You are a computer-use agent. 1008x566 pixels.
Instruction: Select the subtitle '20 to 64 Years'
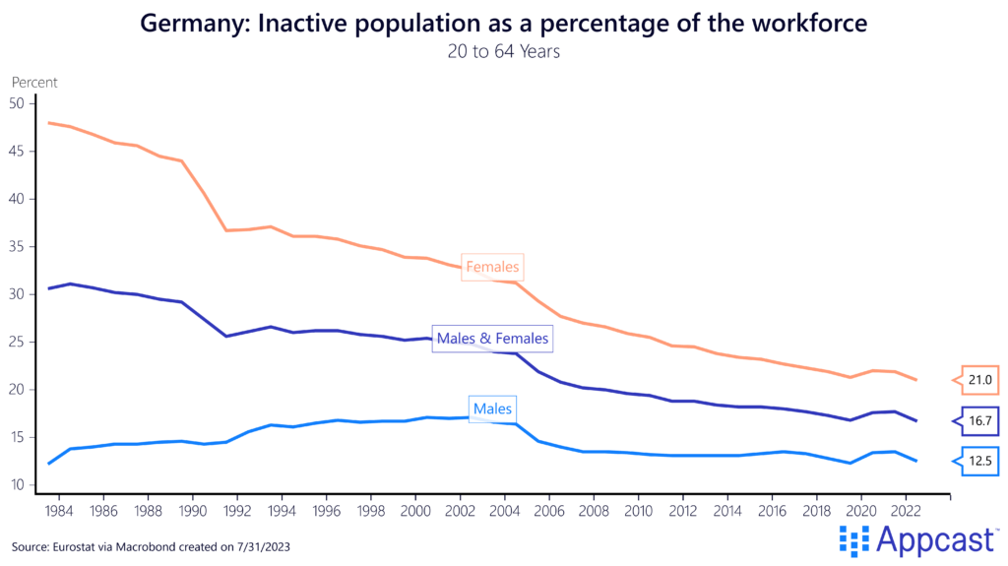click(x=503, y=51)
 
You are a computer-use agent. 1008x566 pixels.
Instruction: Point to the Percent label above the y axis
click(x=34, y=83)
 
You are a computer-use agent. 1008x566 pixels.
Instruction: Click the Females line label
click(x=492, y=267)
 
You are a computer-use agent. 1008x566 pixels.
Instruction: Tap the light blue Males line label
click(x=492, y=408)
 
